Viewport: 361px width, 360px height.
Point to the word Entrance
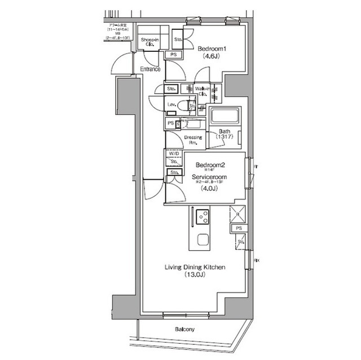[x=149, y=69]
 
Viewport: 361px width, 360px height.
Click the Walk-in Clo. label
[x=203, y=91]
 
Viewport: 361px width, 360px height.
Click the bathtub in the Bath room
[x=225, y=117]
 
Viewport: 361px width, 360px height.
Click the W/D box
[x=173, y=153]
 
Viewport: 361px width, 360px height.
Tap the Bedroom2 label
[x=210, y=165]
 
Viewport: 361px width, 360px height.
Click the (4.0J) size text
[x=210, y=189]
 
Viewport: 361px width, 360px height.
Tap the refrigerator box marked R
[x=237, y=215]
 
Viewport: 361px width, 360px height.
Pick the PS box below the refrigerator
[x=239, y=228]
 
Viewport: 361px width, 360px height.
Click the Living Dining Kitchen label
[x=195, y=268]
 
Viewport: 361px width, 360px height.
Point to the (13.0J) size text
[x=195, y=275]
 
